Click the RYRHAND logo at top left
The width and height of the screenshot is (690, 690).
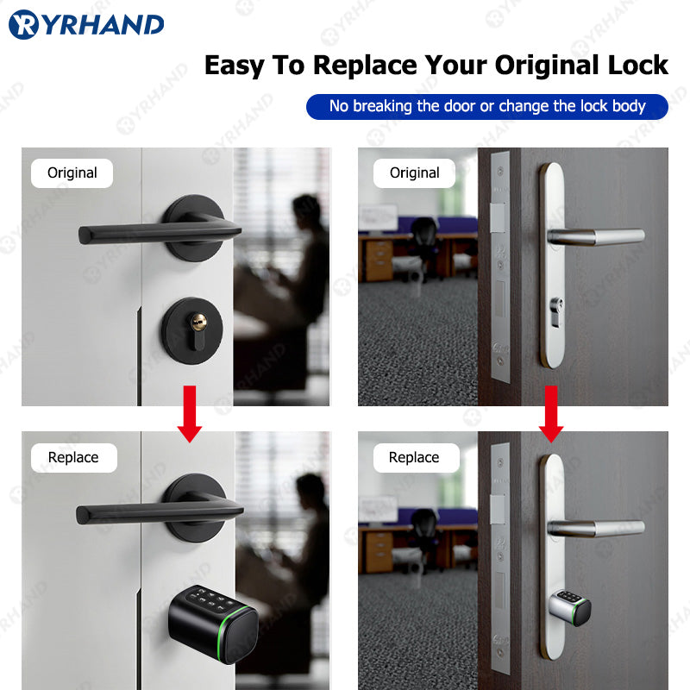[x=86, y=24]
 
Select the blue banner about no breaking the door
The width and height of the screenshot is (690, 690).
[x=487, y=106]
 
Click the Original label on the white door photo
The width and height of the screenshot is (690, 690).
[x=72, y=172]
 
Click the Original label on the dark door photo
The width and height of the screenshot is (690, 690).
[x=415, y=172]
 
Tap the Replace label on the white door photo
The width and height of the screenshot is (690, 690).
[x=73, y=457]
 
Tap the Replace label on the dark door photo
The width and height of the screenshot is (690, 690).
[x=414, y=457]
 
